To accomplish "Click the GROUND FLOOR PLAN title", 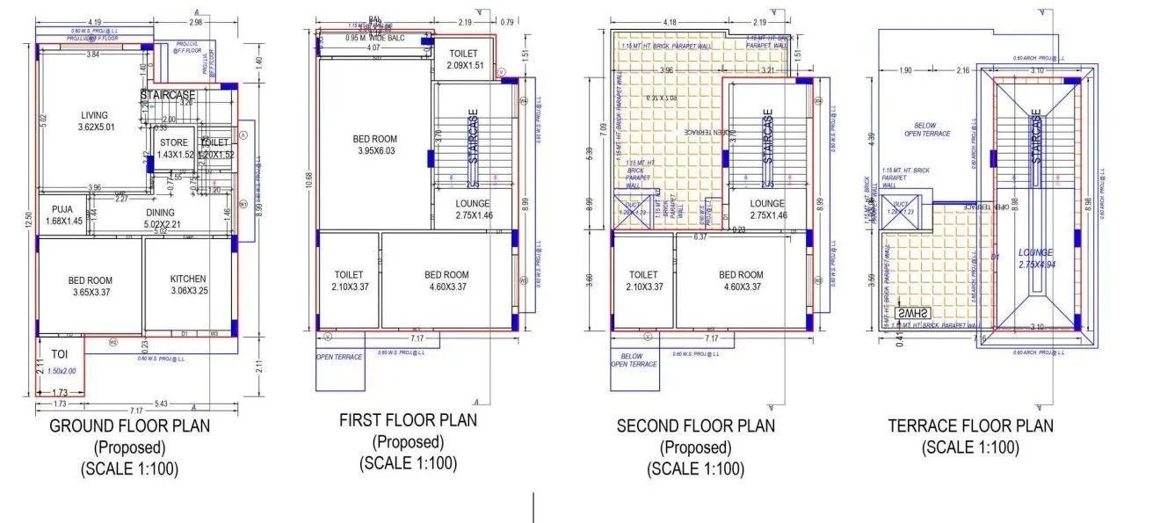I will (129, 427).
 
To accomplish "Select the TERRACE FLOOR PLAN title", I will (970, 426).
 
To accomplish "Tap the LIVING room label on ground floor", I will (94, 115).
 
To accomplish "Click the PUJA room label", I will (62, 209).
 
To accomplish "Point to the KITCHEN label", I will (188, 280).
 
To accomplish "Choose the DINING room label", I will (160, 212).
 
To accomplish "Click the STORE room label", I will (173, 142).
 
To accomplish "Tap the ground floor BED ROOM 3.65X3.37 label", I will (91, 281).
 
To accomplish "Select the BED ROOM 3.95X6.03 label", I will (374, 139).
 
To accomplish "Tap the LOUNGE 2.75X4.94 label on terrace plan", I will (1035, 252).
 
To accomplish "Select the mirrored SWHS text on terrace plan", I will (913, 314).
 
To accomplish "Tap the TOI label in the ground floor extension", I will (60, 353).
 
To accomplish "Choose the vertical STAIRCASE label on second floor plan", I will (767, 136).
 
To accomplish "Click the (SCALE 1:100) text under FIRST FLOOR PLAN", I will (408, 463).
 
